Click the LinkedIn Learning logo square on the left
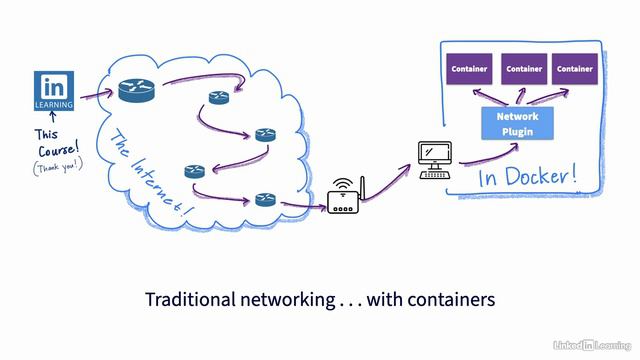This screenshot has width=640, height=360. click(x=53, y=90)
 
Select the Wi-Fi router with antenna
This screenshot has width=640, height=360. click(x=345, y=202)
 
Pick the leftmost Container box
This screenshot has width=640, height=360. click(x=469, y=69)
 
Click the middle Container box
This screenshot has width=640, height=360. click(x=523, y=69)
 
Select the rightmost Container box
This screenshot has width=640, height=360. click(x=574, y=69)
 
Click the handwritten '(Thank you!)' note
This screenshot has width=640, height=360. click(x=54, y=167)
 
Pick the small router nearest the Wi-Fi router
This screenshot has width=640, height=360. click(x=265, y=198)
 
